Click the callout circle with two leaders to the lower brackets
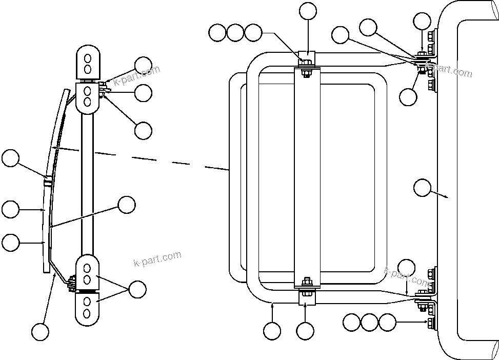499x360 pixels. (x=137, y=289)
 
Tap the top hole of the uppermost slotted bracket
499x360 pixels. (x=88, y=56)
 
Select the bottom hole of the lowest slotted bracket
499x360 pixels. (x=87, y=313)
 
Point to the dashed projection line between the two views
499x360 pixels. (x=154, y=159)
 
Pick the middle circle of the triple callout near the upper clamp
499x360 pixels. (x=235, y=33)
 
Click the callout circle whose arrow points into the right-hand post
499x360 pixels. (x=422, y=188)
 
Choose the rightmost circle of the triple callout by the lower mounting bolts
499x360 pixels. (x=387, y=323)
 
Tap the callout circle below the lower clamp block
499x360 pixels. (x=306, y=331)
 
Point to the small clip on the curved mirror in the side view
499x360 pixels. (x=48, y=181)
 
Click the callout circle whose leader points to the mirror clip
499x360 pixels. (x=10, y=158)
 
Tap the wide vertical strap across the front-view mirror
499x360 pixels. (x=307, y=174)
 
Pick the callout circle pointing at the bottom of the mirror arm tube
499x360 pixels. (x=272, y=331)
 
